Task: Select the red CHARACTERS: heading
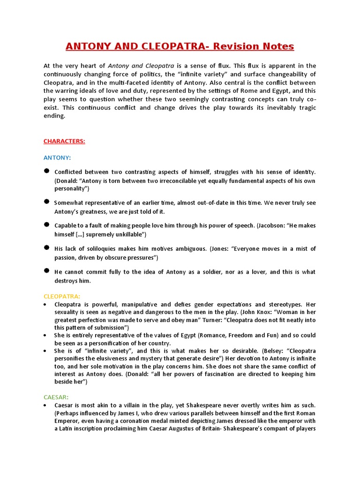point(64,141)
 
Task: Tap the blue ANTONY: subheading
point(57,157)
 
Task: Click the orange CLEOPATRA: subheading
point(62,296)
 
